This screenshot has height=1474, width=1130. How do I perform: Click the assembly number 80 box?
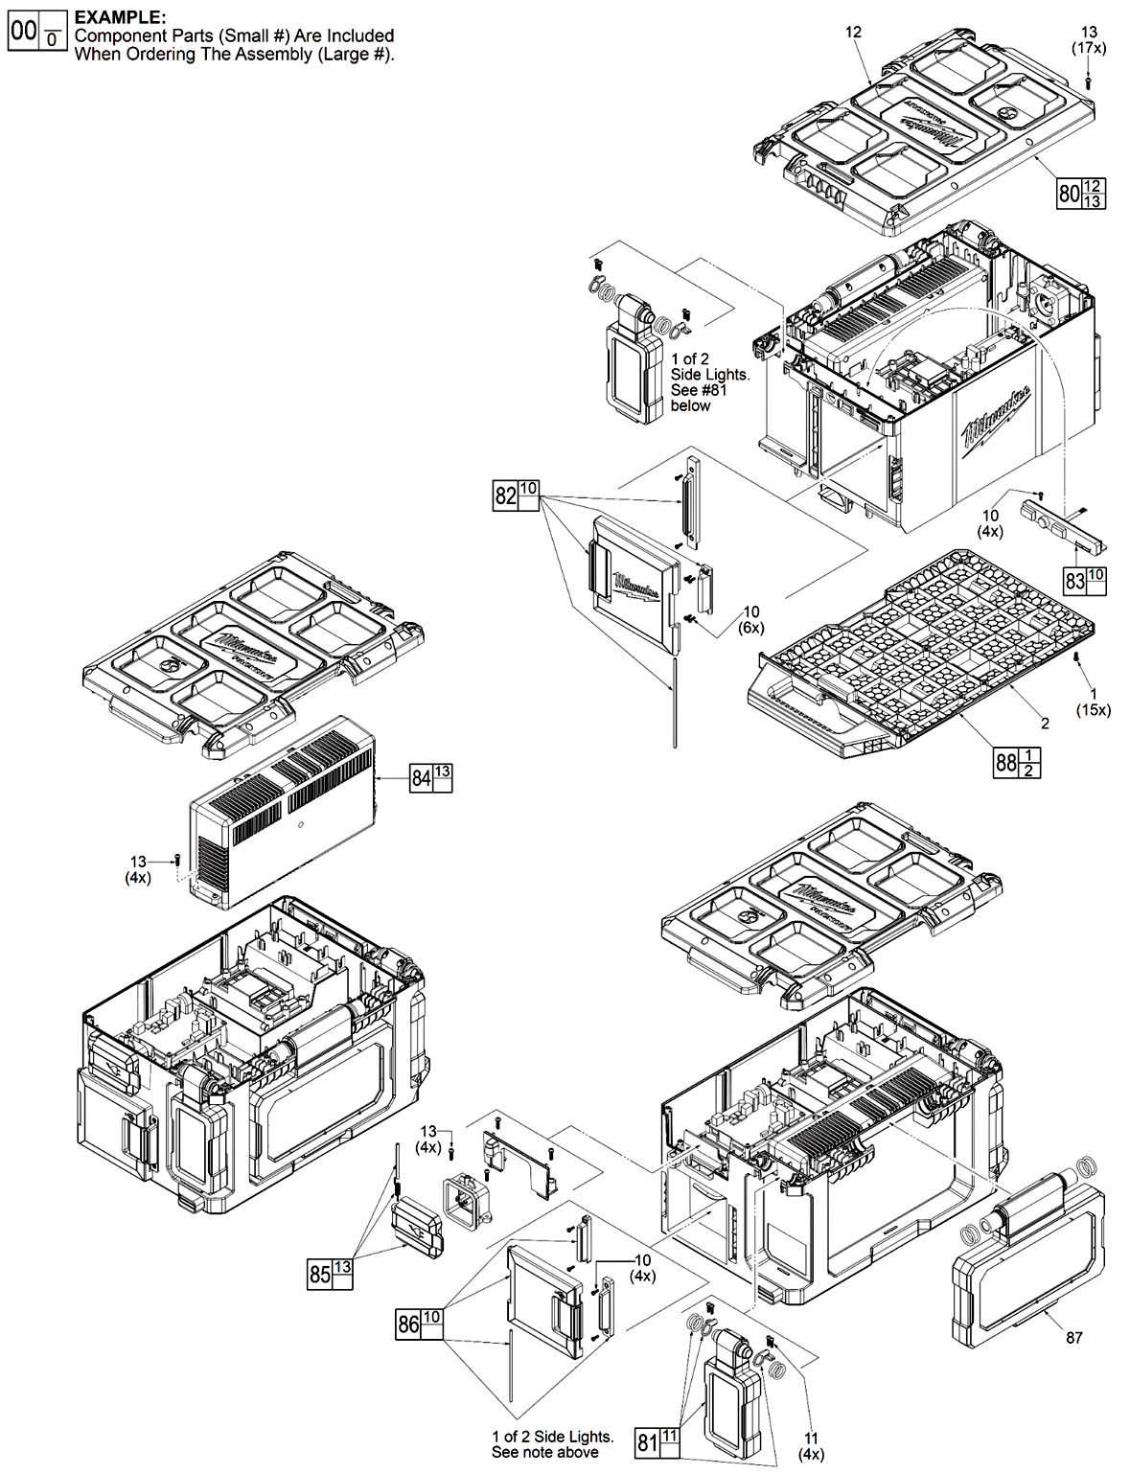pyautogui.click(x=1069, y=193)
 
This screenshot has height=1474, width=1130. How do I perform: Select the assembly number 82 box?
pyautogui.click(x=505, y=495)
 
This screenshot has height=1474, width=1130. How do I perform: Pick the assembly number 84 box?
pyautogui.click(x=421, y=778)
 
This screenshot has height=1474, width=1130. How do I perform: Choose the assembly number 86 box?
pyautogui.click(x=408, y=1325)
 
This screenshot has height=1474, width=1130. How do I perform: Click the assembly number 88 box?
pyautogui.click(x=1005, y=763)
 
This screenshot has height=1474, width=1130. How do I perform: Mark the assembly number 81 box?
pyautogui.click(x=648, y=1441)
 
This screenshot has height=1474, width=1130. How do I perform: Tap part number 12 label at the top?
pyautogui.click(x=853, y=32)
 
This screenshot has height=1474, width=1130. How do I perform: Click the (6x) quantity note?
pyautogui.click(x=751, y=627)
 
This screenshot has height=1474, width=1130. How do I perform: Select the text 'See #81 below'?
pyautogui.click(x=697, y=398)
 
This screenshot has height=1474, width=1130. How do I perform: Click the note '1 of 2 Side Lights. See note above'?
pyautogui.click(x=552, y=1444)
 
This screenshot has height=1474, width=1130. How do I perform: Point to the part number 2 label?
pyautogui.click(x=1045, y=724)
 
